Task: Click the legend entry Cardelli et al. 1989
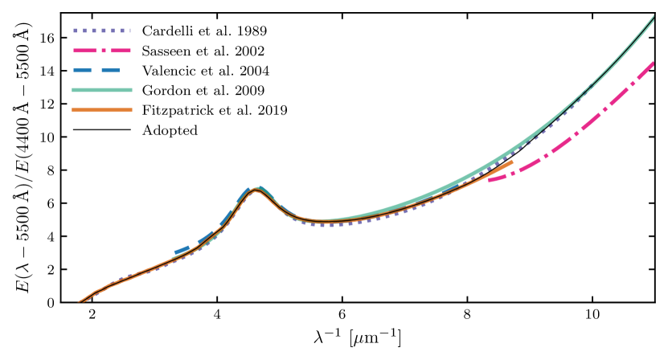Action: pyautogui.click(x=204, y=31)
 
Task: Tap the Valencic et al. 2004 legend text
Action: pyautogui.click(x=205, y=70)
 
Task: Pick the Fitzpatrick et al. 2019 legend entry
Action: pyautogui.click(x=214, y=109)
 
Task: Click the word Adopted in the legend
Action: pyautogui.click(x=170, y=129)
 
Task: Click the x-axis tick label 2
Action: pyautogui.click(x=92, y=314)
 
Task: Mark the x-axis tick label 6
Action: pyautogui.click(x=342, y=314)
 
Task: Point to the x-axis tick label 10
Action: pyautogui.click(x=592, y=314)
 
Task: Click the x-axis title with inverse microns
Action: pyautogui.click(x=360, y=337)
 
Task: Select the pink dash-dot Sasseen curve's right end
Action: pyautogui.click(x=652, y=62)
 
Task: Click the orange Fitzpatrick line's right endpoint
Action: pyautogui.click(x=512, y=162)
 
